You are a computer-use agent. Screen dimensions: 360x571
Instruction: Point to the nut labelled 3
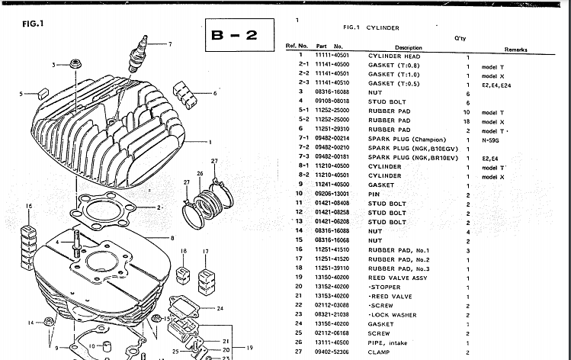[x=74, y=63]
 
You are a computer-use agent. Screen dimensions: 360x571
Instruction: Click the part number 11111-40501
[x=332, y=56]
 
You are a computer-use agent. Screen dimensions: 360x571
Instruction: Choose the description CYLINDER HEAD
[x=394, y=56]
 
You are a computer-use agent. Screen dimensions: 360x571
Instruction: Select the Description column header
[x=408, y=47]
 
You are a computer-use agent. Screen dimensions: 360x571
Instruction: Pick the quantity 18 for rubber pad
[x=467, y=121]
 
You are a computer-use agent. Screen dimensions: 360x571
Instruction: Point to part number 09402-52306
[x=332, y=352]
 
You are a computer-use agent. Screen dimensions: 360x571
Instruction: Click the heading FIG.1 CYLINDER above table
[x=371, y=27]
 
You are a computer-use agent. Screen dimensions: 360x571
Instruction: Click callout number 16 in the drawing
[x=29, y=207]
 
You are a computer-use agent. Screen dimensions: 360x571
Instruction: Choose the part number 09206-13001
[x=332, y=194]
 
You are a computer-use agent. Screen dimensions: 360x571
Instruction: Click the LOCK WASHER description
[x=395, y=314]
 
